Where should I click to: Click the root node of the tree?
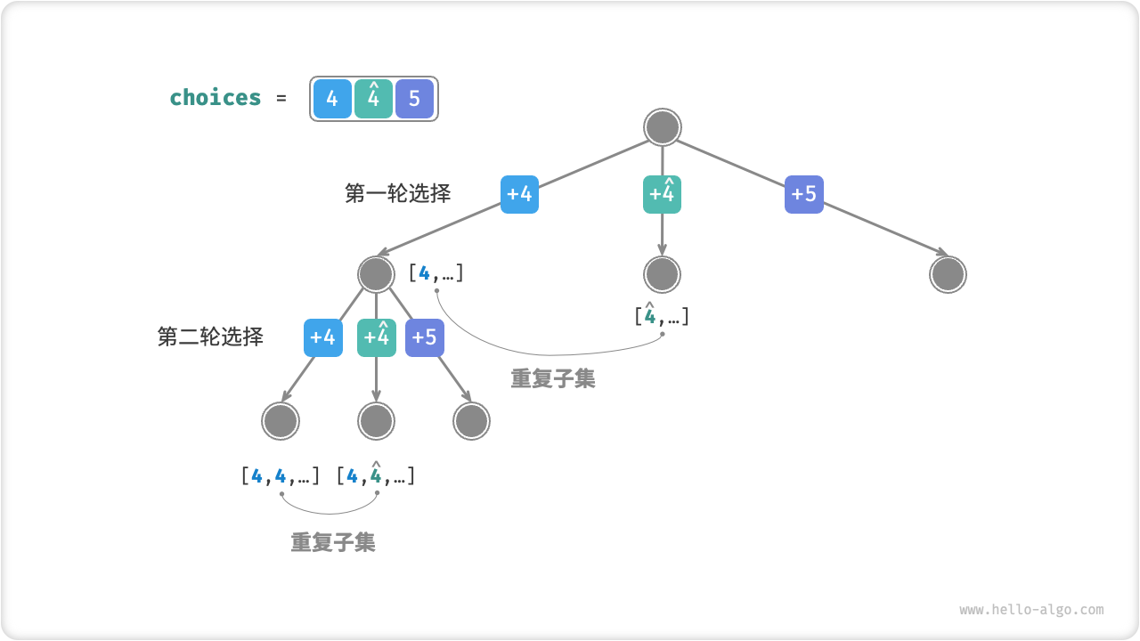coord(662,127)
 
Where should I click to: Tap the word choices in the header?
coord(216,97)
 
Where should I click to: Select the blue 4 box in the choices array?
coord(332,99)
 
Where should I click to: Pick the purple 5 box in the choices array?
coord(414,99)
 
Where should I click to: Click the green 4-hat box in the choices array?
coord(373,99)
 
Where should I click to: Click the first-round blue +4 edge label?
coord(519,194)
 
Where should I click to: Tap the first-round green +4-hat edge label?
coord(662,194)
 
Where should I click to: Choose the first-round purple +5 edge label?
coord(804,194)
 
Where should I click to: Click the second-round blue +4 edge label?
coord(322,337)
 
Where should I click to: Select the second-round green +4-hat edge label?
coord(377,337)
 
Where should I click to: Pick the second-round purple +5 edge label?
coord(425,337)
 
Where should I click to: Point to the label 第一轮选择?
coord(397,193)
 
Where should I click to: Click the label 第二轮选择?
coord(210,337)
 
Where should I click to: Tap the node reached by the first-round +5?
coord(948,274)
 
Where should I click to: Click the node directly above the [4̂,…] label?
coord(662,274)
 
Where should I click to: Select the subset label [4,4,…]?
coord(280,476)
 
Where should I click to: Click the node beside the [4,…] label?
coord(376,274)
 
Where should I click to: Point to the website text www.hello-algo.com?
coord(1031,610)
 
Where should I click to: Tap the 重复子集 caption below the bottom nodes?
coord(333,542)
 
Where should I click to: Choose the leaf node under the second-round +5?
coord(471,421)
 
